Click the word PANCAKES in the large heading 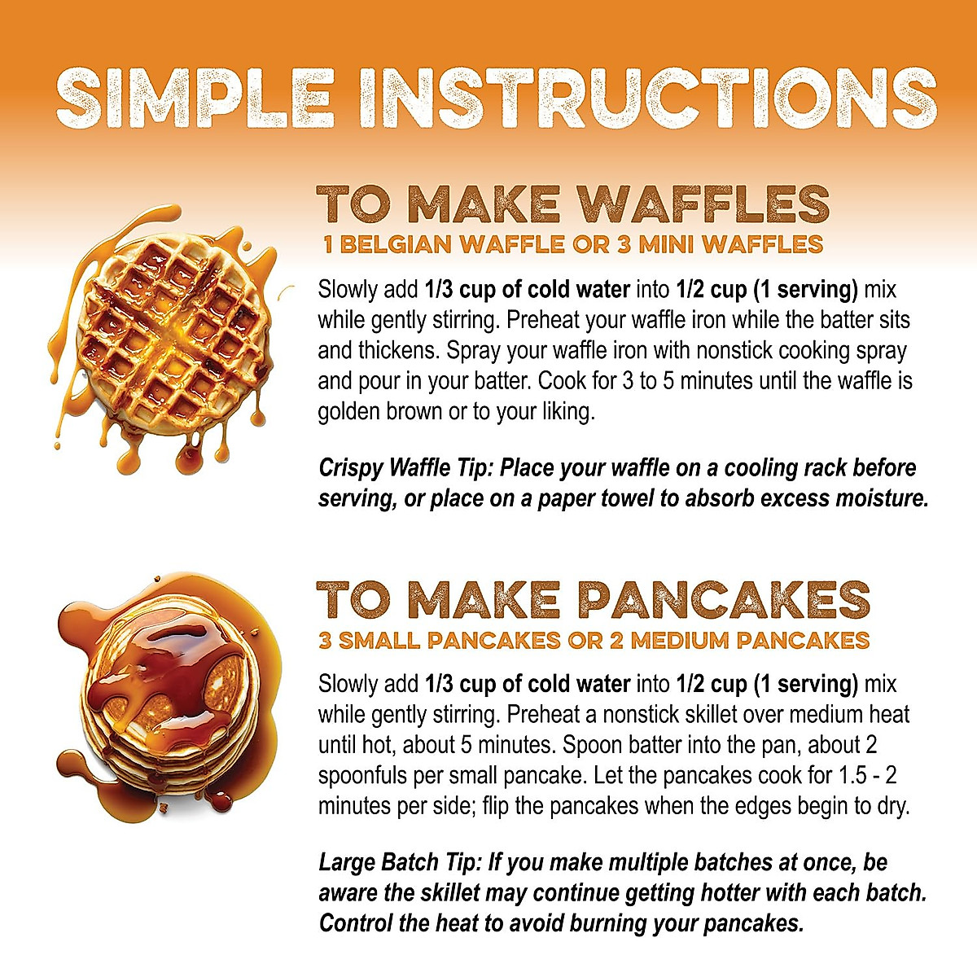pyautogui.click(x=725, y=601)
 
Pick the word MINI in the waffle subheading pyautogui.click(x=673, y=244)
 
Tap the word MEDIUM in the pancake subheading pyautogui.click(x=680, y=641)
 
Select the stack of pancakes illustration pyautogui.click(x=171, y=700)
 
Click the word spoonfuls pyautogui.click(x=362, y=776)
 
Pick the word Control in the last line pyautogui.click(x=359, y=924)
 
